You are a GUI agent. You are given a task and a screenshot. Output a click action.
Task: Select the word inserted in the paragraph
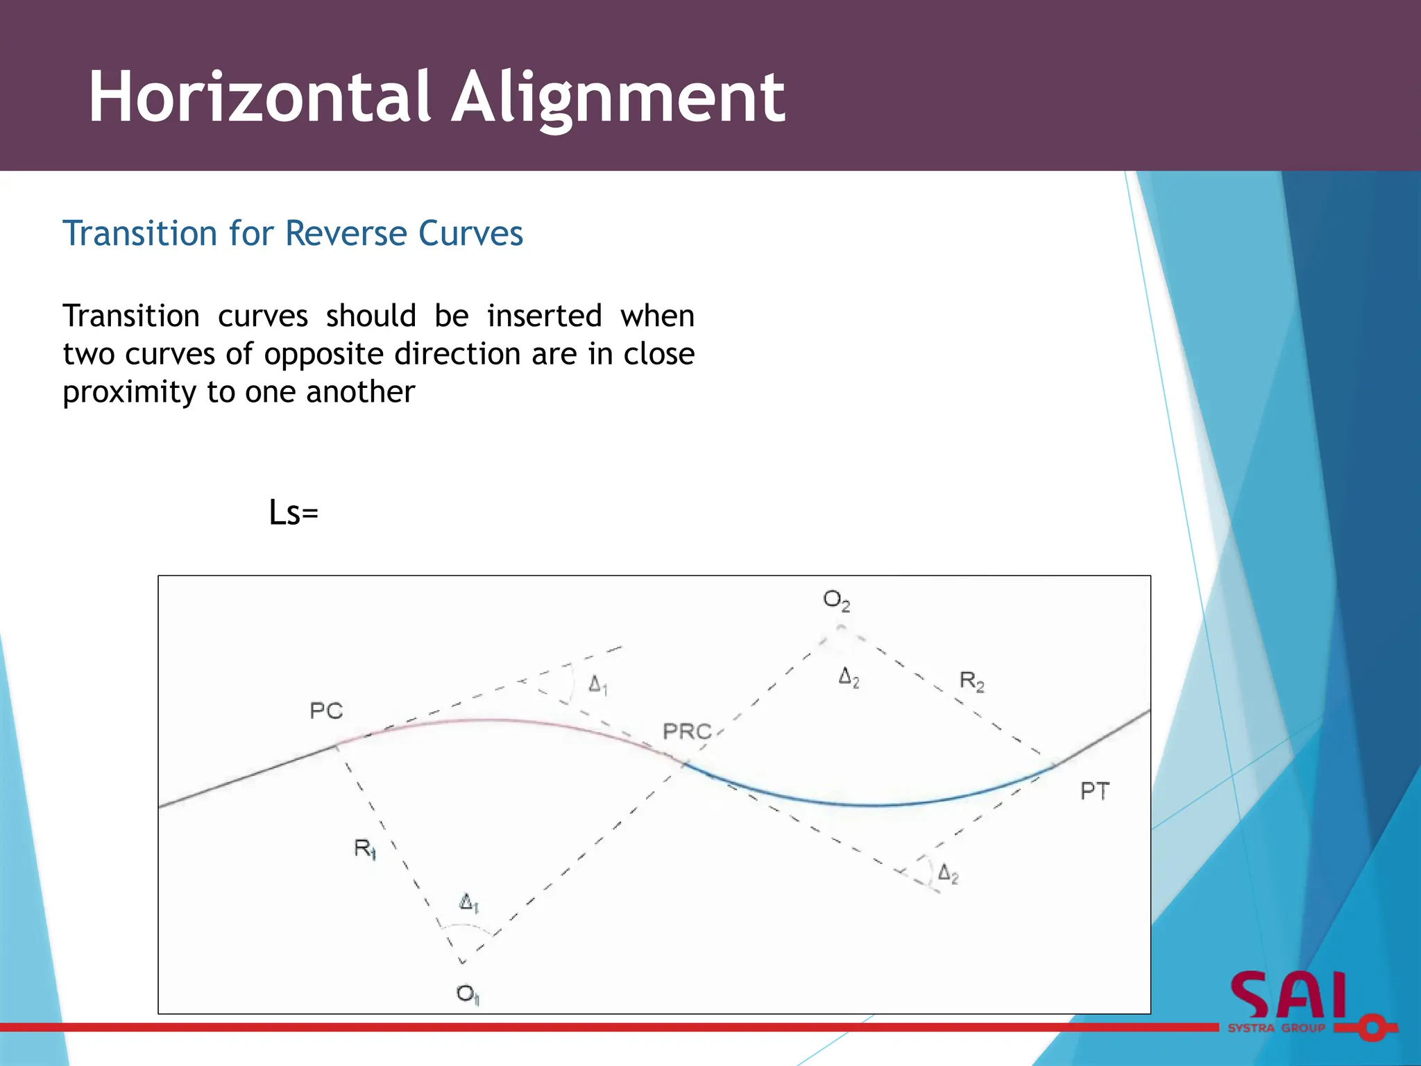pyautogui.click(x=544, y=316)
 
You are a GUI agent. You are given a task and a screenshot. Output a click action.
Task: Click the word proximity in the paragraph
pyautogui.click(x=130, y=393)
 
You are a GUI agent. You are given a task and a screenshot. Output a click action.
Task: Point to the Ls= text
pyautogui.click(x=293, y=514)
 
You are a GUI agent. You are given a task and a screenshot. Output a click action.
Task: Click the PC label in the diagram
pyautogui.click(x=326, y=711)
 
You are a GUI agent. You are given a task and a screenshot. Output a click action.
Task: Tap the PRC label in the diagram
pyautogui.click(x=687, y=731)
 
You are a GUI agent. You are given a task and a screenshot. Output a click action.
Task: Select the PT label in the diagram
pyautogui.click(x=1095, y=791)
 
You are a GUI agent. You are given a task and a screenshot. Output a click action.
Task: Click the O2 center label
pyautogui.click(x=836, y=600)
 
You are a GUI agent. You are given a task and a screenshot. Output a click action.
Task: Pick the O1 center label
pyautogui.click(x=468, y=995)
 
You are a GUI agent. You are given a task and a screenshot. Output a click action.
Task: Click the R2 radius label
pyautogui.click(x=971, y=681)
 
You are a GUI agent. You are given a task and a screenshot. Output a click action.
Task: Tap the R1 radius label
pyautogui.click(x=365, y=848)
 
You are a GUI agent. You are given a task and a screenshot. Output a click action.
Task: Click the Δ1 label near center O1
pyautogui.click(x=469, y=903)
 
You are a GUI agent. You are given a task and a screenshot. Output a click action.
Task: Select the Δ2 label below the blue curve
pyautogui.click(x=948, y=874)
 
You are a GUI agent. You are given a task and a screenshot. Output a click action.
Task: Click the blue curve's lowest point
pyautogui.click(x=876, y=805)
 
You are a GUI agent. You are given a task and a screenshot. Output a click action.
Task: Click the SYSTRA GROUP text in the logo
pyautogui.click(x=1277, y=1028)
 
